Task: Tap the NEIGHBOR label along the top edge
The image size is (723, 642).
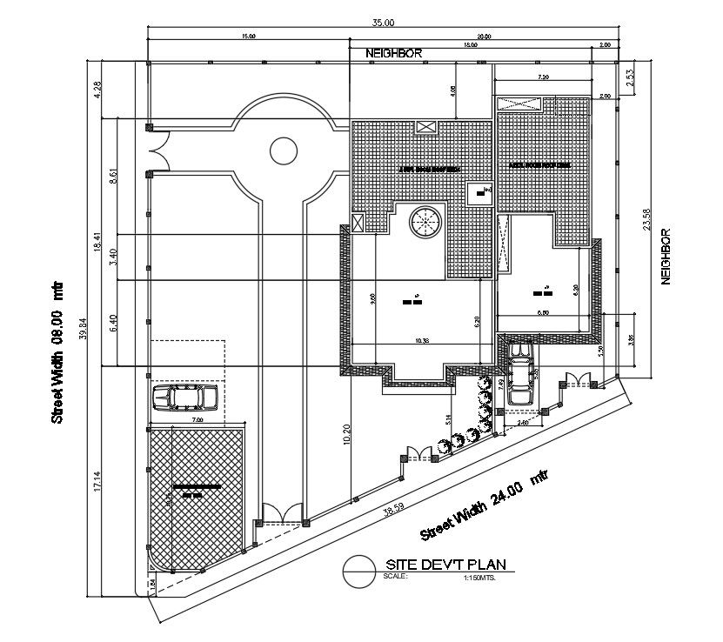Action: coord(394,53)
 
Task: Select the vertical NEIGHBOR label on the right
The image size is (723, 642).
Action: coord(666,257)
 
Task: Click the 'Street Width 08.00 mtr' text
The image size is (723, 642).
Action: coord(57,352)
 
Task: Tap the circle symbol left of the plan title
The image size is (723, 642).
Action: coord(358,571)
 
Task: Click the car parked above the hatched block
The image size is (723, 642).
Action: coord(184,398)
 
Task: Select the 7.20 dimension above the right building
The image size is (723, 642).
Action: coord(544,77)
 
